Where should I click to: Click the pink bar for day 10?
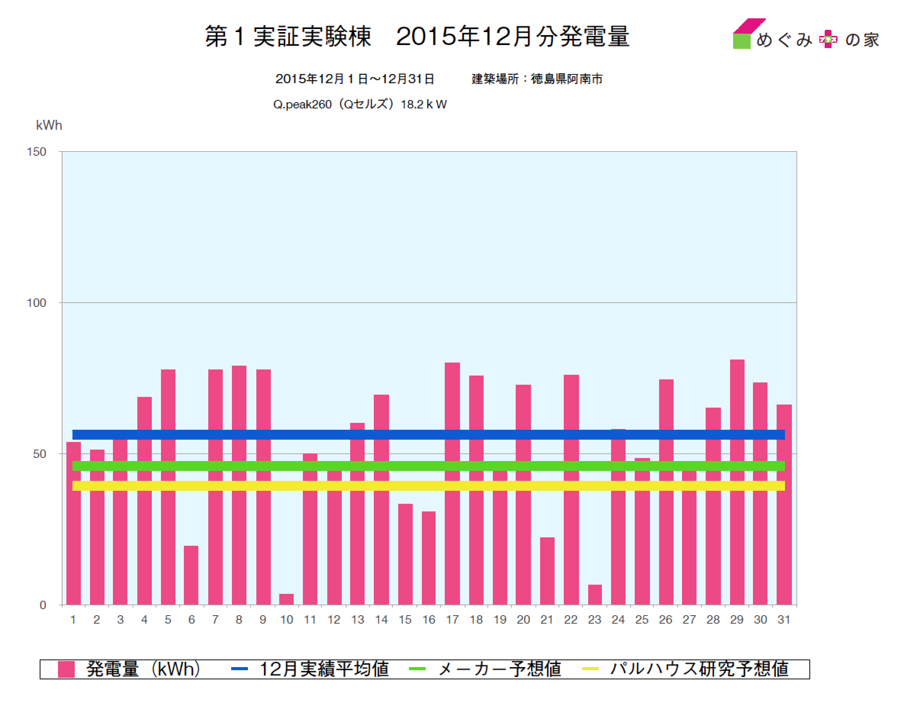pyautogui.click(x=286, y=599)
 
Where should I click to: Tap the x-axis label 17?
pyautogui.click(x=452, y=620)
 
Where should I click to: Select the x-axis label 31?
pyautogui.click(x=783, y=620)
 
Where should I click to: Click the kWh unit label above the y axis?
pyautogui.click(x=49, y=125)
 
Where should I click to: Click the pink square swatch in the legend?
pyautogui.click(x=66, y=669)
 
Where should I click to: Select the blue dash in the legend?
pyautogui.click(x=239, y=669)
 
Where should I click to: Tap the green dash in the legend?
pyautogui.click(x=417, y=669)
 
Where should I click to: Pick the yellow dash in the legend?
pyautogui.click(x=590, y=669)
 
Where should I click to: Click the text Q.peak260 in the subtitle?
pyautogui.click(x=302, y=105)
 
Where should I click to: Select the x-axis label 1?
pyautogui.click(x=73, y=620)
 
